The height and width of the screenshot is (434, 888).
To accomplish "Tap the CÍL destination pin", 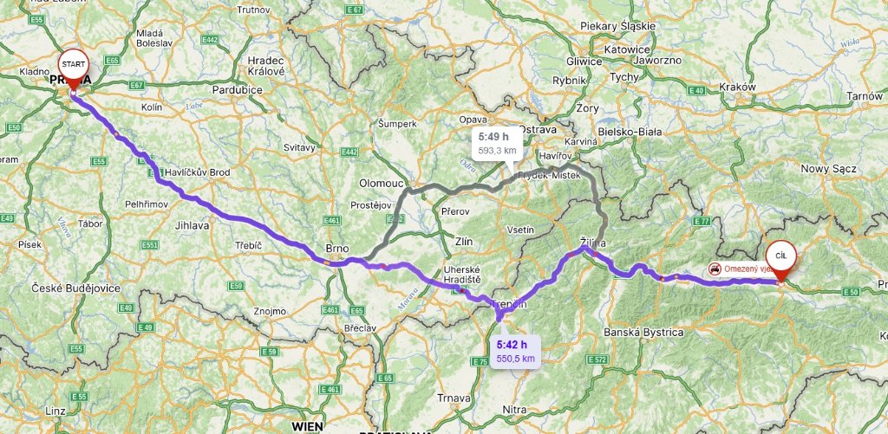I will (x=781, y=256).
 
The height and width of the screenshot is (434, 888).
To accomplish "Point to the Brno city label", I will (x=336, y=248).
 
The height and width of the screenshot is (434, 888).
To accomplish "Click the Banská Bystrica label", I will (x=643, y=333).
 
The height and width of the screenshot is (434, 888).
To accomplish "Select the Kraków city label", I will (x=737, y=87).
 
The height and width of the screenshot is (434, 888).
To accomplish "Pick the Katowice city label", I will (x=627, y=49).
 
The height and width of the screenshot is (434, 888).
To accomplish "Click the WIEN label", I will (x=308, y=426).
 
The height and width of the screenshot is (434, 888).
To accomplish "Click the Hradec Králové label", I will (x=266, y=66).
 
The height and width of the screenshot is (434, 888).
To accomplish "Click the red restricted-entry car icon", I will (x=714, y=269).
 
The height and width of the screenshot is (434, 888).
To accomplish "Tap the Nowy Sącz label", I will (x=827, y=169).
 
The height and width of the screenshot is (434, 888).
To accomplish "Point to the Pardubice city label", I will (x=237, y=89).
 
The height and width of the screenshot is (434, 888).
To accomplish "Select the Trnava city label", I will (x=454, y=398).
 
